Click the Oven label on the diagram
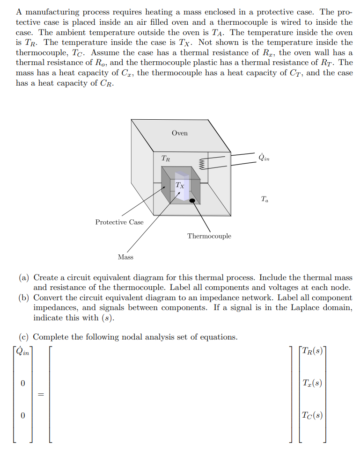coord(179,133)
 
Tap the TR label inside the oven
coord(165,159)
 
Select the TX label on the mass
coord(180,185)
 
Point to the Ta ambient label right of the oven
coord(265,200)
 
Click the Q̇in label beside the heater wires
coord(264,157)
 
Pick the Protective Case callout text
coord(119,222)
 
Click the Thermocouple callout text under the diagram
coord(209,236)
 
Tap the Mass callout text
coord(125,257)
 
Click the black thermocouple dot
coord(192,200)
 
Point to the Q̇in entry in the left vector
coord(22,352)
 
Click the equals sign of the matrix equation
coord(40,395)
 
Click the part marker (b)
coord(24,298)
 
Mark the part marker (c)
coord(24,337)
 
